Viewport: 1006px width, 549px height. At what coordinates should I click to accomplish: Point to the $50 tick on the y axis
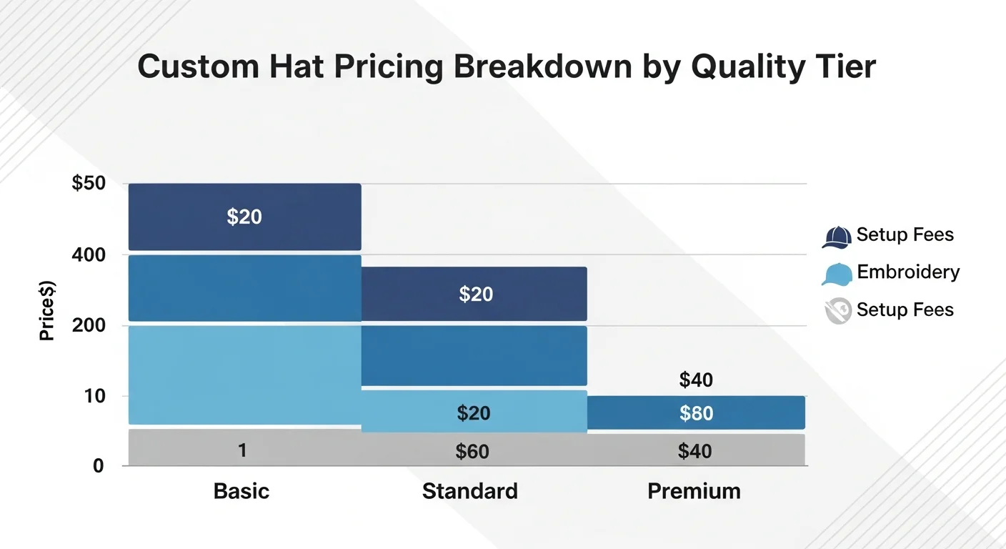tap(89, 183)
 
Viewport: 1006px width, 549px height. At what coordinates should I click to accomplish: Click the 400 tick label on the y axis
tap(89, 254)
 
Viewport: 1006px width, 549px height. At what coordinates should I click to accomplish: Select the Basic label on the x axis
tap(241, 491)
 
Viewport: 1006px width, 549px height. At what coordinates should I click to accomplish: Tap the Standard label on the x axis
tap(469, 491)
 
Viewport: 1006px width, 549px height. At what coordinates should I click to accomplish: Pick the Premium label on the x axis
tap(694, 491)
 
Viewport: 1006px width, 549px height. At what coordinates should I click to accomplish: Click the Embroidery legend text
tap(908, 272)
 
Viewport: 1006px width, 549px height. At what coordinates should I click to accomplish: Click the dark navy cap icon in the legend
tap(837, 237)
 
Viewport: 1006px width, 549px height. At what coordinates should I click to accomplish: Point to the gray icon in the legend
tap(837, 311)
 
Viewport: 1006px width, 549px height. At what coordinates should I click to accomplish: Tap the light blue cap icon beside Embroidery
tap(837, 274)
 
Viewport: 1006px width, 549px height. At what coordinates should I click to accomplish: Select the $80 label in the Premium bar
tap(696, 413)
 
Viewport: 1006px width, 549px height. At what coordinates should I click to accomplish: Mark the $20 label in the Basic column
tap(244, 217)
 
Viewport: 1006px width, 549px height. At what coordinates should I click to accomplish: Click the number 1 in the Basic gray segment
tap(242, 450)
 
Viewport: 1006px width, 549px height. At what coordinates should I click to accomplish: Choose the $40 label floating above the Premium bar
tap(696, 380)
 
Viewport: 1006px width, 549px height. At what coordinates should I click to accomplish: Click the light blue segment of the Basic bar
tap(244, 375)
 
